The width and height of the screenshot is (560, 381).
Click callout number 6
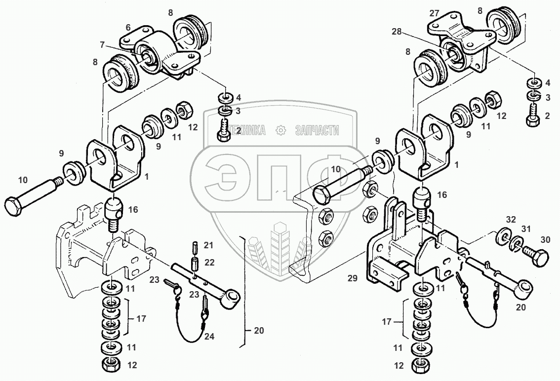(127, 28)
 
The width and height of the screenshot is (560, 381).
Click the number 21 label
(208, 246)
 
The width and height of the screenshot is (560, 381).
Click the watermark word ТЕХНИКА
(245, 130)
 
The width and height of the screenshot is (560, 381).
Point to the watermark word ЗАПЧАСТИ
(317, 130)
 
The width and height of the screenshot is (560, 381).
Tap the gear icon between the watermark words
(281, 130)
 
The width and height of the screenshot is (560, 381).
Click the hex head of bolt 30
(542, 258)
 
